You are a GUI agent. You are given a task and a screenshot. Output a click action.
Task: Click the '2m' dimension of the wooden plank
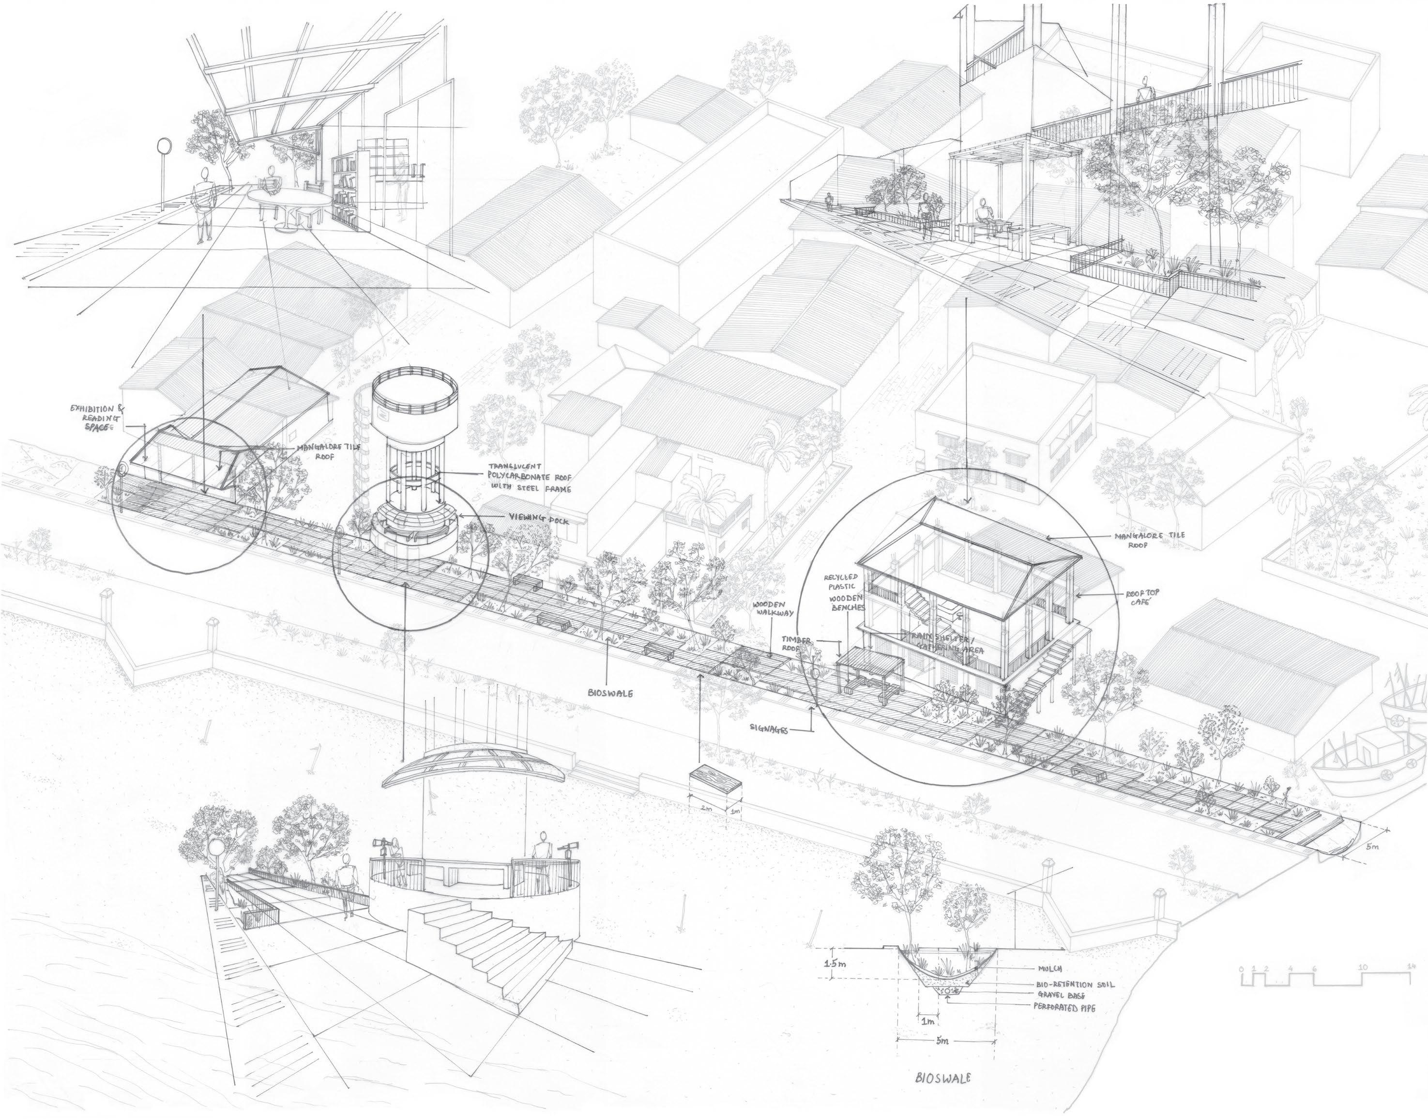(706, 808)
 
